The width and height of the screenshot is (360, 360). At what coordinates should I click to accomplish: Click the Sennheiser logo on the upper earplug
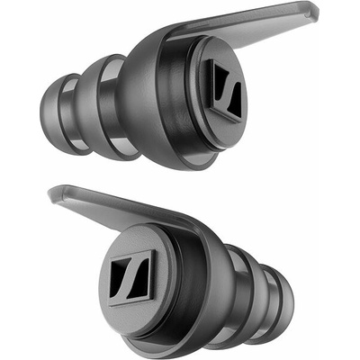tap(220, 89)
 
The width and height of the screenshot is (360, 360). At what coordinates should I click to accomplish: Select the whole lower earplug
tap(180, 270)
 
